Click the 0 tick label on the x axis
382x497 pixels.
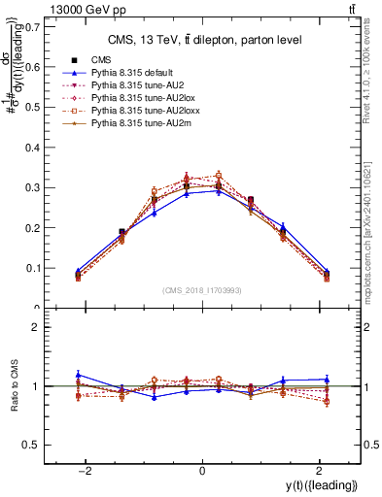(202, 471)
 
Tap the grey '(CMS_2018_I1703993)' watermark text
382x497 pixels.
(202, 289)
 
